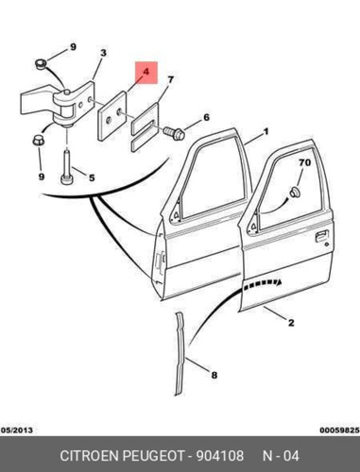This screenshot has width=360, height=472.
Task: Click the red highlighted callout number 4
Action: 146,72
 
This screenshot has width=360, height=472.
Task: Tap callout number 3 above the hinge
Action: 103,53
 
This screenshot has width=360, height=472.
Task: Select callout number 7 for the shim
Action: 170,79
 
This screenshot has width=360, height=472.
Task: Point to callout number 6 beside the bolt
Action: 206,118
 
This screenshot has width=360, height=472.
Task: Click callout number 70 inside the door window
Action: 305,162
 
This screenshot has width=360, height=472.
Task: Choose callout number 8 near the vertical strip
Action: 214,375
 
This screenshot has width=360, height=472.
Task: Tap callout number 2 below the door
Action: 291,323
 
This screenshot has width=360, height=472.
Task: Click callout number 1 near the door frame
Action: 266,131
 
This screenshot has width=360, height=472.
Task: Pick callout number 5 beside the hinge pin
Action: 92,177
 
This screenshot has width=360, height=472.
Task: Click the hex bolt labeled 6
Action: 174,133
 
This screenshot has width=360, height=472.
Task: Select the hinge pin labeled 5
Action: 66,168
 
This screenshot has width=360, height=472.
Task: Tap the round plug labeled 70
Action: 295,193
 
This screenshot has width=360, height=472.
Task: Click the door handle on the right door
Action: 321,236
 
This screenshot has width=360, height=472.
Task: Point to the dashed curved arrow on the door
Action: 262,282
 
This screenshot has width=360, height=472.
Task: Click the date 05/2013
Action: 17,430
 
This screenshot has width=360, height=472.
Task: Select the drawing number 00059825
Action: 340,430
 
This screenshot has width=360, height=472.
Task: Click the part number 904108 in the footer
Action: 220,456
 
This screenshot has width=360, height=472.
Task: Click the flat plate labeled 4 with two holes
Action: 112,115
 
